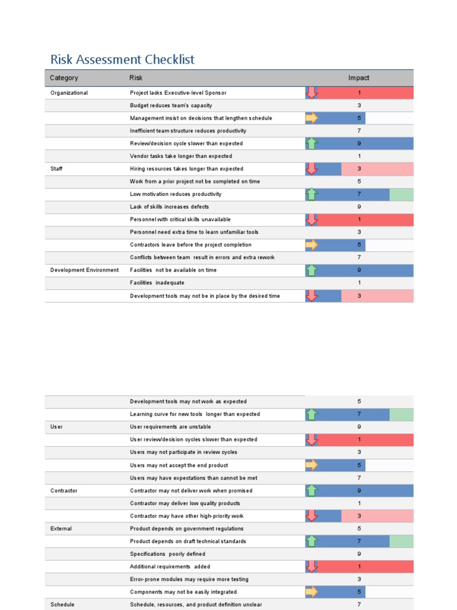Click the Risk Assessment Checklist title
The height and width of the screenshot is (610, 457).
(122, 60)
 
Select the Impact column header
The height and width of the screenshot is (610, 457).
(359, 78)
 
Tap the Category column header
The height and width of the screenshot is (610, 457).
(64, 78)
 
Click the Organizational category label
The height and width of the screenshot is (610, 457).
(69, 93)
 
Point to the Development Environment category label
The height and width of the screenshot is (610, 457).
(84, 270)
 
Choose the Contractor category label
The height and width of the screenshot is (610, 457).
(64, 491)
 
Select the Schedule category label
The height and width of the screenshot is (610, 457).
(62, 605)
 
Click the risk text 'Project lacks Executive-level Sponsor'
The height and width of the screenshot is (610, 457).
(178, 93)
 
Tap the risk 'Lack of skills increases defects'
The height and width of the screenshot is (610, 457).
(169, 207)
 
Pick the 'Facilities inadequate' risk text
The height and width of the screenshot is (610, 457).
(157, 283)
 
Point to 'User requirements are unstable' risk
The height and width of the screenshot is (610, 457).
(170, 427)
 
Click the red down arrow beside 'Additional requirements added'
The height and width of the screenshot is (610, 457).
(312, 567)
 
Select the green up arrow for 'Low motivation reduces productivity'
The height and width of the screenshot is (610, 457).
(312, 194)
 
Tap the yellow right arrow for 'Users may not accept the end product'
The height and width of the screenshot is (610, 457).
(312, 465)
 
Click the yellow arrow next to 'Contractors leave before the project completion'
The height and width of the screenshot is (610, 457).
(312, 245)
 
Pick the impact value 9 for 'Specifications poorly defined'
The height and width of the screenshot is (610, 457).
(359, 554)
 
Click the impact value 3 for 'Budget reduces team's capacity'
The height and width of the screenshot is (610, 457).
(359, 105)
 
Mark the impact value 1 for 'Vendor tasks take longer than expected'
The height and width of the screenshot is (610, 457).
(359, 156)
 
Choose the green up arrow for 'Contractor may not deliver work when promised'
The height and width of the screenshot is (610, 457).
(312, 491)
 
